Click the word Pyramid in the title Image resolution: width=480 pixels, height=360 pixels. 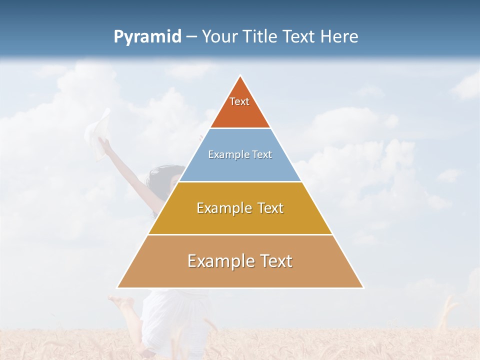[x=147, y=37]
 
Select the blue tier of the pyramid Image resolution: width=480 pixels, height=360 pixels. [x=240, y=168]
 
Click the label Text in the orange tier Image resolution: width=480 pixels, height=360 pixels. [x=239, y=101]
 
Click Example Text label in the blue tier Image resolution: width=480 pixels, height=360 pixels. [x=240, y=154]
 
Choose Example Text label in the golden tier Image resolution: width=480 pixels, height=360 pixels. [x=240, y=208]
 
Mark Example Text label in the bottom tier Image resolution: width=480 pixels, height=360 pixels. [x=240, y=261]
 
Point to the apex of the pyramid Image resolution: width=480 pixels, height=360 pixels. [x=240, y=76]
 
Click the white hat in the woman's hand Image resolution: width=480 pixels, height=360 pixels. [x=98, y=131]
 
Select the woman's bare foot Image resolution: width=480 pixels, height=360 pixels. [x=120, y=302]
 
